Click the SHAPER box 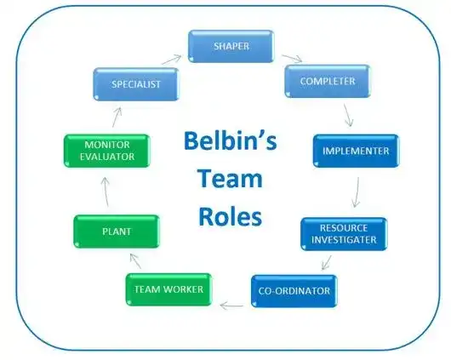(x=232, y=47)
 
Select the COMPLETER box (x=328, y=82)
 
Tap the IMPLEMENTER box (x=356, y=151)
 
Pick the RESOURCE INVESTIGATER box (x=344, y=235)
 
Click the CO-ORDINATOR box (x=294, y=291)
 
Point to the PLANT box (x=116, y=231)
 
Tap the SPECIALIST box (x=137, y=85)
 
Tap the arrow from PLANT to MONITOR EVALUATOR (x=104, y=195)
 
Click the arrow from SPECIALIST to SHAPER (x=170, y=60)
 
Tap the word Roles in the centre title (x=230, y=217)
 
